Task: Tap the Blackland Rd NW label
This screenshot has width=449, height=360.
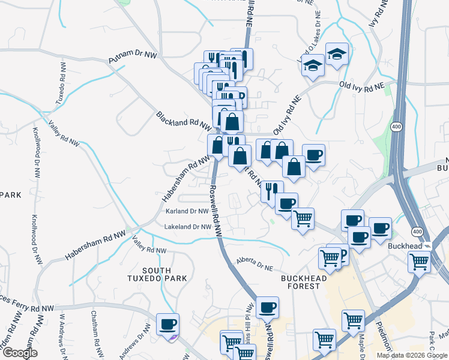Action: tap(184, 120)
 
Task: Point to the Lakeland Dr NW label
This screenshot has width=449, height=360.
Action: tap(188, 227)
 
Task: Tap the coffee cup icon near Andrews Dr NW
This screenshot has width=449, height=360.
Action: tap(167, 325)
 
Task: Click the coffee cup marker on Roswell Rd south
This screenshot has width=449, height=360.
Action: tap(268, 307)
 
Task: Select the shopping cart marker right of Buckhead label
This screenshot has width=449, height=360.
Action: tap(419, 261)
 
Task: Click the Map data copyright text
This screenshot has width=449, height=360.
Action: tap(411, 355)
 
